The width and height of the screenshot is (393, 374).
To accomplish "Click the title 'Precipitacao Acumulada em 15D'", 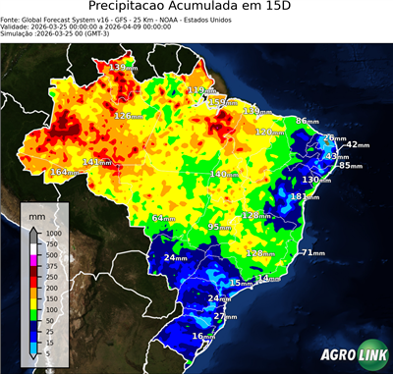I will point(196,8).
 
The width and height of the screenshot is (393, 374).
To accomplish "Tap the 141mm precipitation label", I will point(96,162).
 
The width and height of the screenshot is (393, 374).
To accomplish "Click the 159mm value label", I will point(223,102).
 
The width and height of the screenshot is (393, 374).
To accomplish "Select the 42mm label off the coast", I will point(358,145).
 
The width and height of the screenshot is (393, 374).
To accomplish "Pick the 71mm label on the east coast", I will point(312,253).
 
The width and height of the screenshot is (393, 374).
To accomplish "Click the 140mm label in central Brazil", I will point(224,174).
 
